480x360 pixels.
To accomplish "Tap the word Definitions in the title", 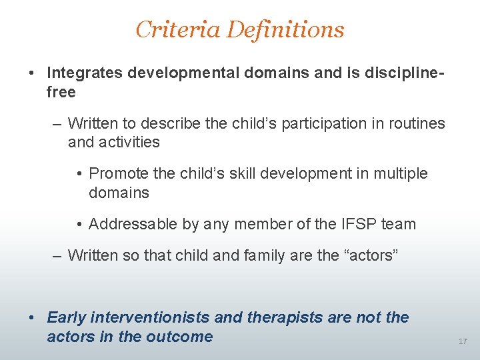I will point(286,29).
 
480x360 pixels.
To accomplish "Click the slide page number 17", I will point(463,341).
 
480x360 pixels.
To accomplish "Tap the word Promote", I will point(119,173).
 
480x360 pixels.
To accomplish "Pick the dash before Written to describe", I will point(59,124).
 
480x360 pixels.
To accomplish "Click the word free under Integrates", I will point(61,91).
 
